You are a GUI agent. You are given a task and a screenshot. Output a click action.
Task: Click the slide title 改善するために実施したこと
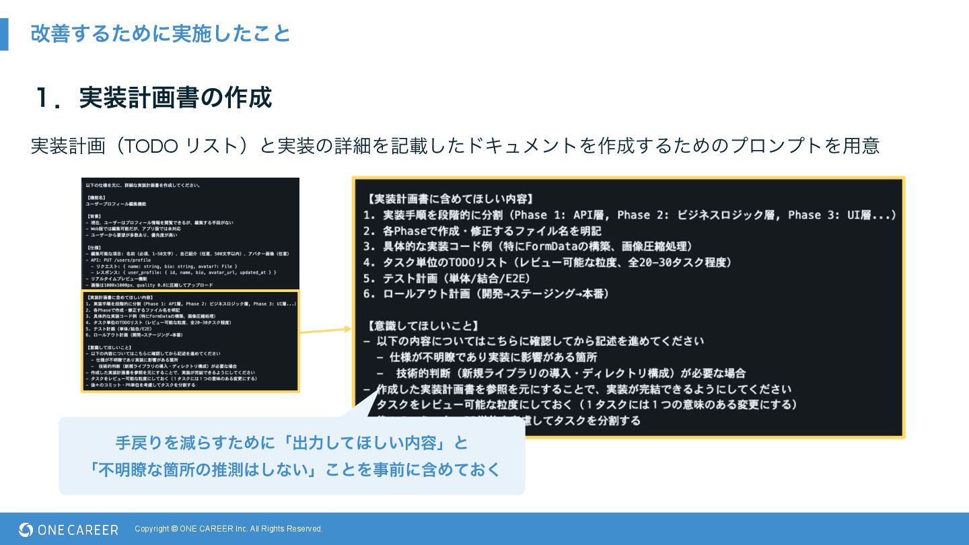[x=160, y=33]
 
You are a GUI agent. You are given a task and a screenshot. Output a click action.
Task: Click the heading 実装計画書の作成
[x=175, y=98]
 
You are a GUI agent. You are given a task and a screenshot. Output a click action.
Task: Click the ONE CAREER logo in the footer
[x=69, y=530]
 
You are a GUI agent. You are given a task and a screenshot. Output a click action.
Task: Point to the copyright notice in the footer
[x=229, y=529]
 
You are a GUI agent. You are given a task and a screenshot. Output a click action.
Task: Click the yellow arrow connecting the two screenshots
[x=326, y=330]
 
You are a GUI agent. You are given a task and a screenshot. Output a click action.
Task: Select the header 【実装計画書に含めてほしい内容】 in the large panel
[x=451, y=199]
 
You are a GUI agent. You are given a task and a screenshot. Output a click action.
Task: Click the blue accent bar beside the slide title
[x=4, y=34]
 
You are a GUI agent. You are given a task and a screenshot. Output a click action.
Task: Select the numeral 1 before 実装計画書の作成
[x=44, y=98]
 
